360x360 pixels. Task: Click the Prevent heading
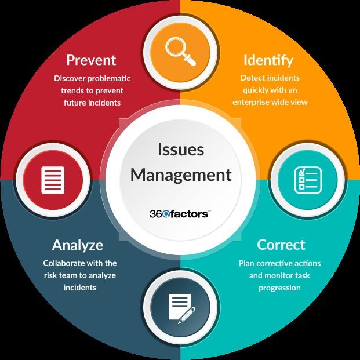point(91,60)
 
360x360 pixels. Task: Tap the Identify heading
point(268,60)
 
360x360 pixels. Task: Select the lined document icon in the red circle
point(52,179)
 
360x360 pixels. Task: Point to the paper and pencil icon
point(180,307)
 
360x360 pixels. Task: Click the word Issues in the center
point(181,149)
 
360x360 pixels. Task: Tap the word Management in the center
point(181,174)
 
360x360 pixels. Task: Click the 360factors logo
point(180,214)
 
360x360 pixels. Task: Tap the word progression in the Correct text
point(279,288)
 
